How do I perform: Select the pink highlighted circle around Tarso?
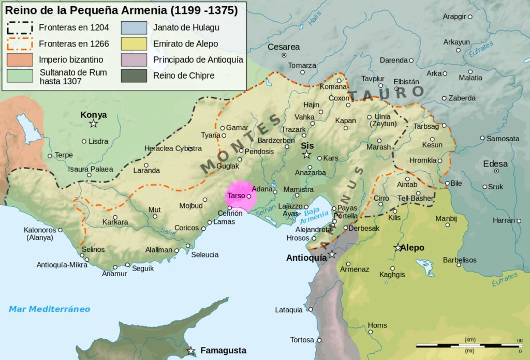coord(241,197)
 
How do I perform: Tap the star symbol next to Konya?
coord(94,124)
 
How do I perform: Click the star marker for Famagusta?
coord(191,351)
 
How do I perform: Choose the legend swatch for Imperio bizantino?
coord(20,59)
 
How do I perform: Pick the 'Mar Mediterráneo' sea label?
coord(49,309)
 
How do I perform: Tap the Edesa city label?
coord(495,163)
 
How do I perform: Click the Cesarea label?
coord(284,47)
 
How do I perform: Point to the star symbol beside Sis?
coord(307,155)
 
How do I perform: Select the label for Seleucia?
coord(205,254)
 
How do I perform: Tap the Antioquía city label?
coord(306,257)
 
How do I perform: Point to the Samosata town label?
coord(503,139)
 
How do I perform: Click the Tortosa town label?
coord(302,340)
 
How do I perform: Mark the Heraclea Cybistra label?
coord(173,148)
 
